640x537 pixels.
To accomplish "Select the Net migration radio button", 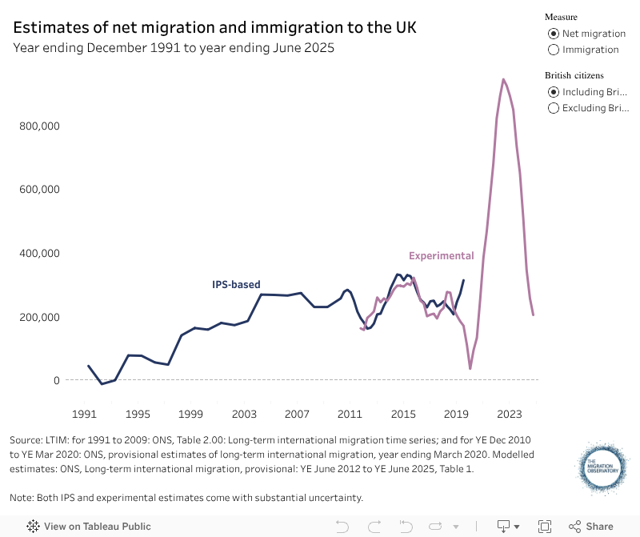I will click(553, 34).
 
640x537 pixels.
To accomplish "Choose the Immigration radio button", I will click(553, 50).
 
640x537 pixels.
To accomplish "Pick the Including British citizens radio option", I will click(553, 92).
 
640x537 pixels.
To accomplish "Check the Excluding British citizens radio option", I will click(553, 108).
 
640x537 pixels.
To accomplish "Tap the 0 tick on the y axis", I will click(57, 380).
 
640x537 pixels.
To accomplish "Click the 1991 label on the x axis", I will click(84, 415).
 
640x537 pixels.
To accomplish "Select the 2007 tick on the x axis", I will click(297, 415).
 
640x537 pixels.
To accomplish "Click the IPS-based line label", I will click(236, 284).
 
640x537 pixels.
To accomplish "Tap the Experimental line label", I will click(442, 256).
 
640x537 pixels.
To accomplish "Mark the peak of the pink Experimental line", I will click(502, 79).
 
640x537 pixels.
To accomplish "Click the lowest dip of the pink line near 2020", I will click(470, 368).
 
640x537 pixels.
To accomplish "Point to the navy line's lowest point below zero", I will click(102, 384).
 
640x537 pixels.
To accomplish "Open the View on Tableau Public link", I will click(90, 527).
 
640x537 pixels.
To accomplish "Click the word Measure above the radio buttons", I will click(561, 17).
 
